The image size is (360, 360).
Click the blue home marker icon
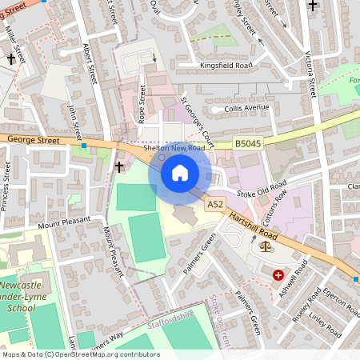coord(179,173)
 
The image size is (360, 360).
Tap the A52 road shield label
coord(214,205)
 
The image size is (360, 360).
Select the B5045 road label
coord(248,144)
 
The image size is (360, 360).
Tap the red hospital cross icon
coord(278,274)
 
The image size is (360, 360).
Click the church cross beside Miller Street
coord(12,58)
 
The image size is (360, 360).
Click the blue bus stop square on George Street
coord(83,147)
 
